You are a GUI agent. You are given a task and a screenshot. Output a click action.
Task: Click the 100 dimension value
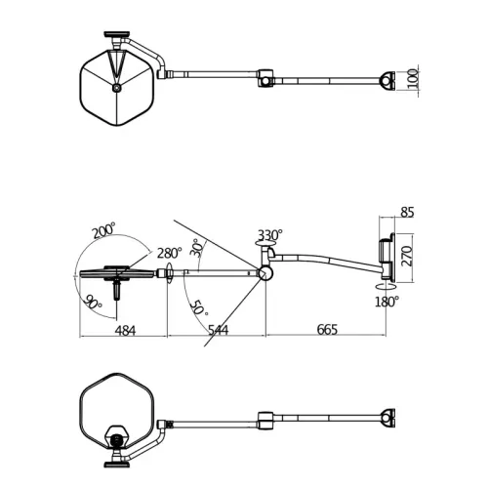413,78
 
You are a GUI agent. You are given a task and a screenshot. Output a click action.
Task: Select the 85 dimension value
407,212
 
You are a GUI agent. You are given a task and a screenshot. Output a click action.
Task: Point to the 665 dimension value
326,330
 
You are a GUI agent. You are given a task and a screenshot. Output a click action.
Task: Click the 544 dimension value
218,330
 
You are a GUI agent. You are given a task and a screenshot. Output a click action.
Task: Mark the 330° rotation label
270,235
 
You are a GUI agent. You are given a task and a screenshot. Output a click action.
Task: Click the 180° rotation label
386,302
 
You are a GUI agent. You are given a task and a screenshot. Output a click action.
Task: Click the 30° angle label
196,248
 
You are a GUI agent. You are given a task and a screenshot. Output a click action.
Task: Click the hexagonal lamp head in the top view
115,86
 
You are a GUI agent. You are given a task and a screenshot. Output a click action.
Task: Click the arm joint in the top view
265,78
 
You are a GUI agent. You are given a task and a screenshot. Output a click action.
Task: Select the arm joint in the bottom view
265,420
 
